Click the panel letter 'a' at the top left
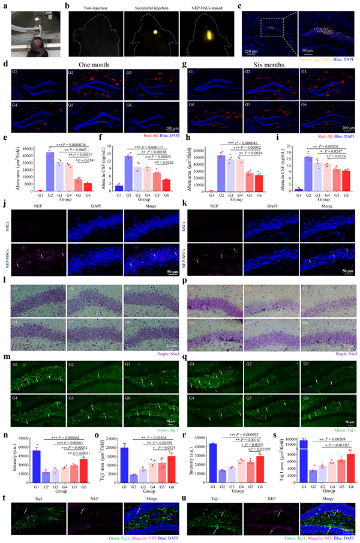click(4, 4)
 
